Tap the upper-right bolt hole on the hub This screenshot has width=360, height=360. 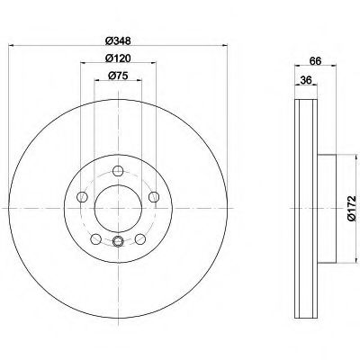tap(153, 196)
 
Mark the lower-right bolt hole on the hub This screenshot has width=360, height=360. tap(140, 238)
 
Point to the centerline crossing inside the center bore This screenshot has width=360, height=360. tap(118, 208)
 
